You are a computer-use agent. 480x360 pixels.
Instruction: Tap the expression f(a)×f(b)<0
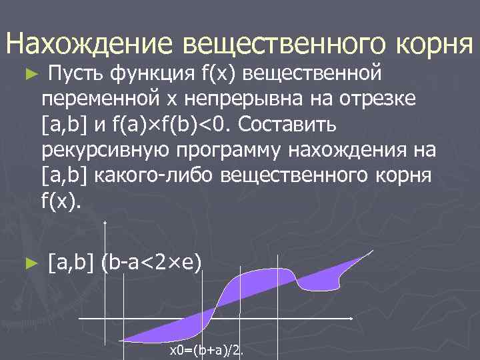coord(173,124)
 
